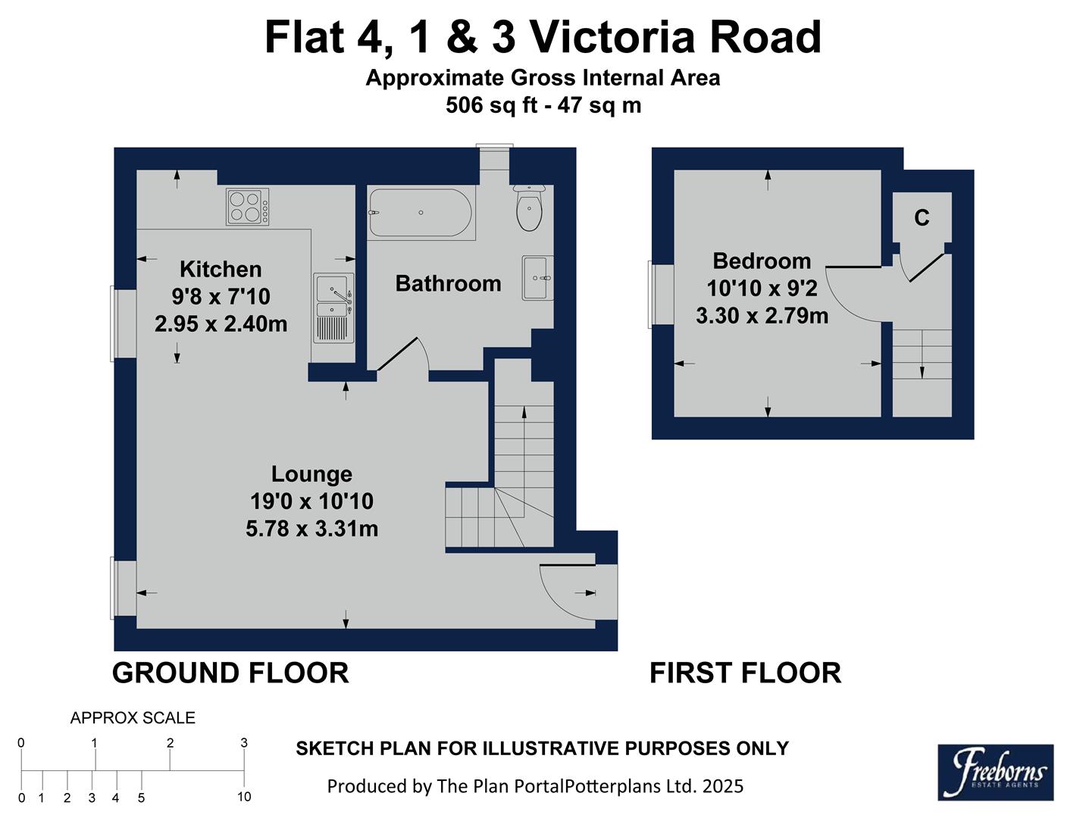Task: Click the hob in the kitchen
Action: click(247, 207)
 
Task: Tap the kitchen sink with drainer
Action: click(334, 308)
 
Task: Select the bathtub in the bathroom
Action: click(421, 214)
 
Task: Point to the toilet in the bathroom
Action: click(529, 208)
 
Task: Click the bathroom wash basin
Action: click(537, 278)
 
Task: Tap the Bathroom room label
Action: click(448, 284)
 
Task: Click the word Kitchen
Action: click(221, 270)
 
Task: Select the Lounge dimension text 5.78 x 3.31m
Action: click(311, 529)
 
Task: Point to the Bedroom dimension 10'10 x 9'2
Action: click(762, 289)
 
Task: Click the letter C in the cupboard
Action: click(922, 218)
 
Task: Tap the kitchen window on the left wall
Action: click(113, 323)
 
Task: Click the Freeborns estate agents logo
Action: click(995, 773)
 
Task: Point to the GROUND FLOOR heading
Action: click(230, 673)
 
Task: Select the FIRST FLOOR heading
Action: click(745, 673)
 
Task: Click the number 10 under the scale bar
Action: click(244, 797)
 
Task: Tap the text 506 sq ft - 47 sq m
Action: click(543, 105)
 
